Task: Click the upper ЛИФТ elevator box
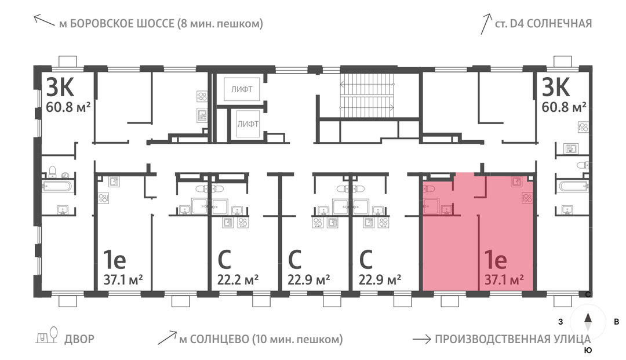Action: point(242,89)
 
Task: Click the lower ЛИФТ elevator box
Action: point(248,123)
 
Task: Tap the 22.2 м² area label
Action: point(238,279)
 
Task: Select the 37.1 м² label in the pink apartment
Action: point(504,279)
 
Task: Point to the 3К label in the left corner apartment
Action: point(60,87)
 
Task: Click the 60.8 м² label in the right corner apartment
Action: point(564,107)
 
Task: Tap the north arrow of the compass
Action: point(588,318)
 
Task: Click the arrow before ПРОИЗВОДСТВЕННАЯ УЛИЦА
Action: point(421,339)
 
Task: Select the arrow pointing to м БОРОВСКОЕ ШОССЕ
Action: point(44,20)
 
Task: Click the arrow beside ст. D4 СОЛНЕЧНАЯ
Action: point(486,24)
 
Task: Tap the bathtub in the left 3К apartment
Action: point(57,186)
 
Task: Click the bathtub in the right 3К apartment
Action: point(574,186)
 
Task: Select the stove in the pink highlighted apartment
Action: point(527,197)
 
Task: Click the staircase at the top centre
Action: point(366,96)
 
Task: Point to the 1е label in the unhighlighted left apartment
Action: point(115,260)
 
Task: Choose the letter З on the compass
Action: point(561,322)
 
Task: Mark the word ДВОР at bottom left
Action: point(79,339)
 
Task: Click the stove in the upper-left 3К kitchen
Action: point(202,96)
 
